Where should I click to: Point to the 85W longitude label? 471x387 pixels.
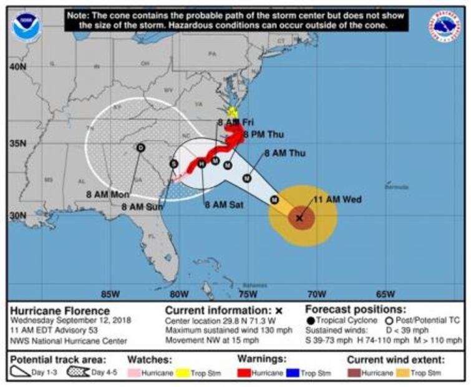point(110,294)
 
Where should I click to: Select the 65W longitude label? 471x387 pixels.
point(385,294)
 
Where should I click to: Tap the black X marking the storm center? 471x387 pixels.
point(299,218)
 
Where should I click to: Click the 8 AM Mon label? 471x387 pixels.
point(108,194)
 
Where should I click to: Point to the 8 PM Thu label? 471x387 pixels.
point(263,134)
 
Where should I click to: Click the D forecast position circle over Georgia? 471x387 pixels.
point(141,147)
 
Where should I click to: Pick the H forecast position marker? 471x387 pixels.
point(202,164)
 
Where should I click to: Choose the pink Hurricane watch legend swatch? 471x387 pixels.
point(138,373)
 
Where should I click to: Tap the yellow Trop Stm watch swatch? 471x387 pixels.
point(182,373)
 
